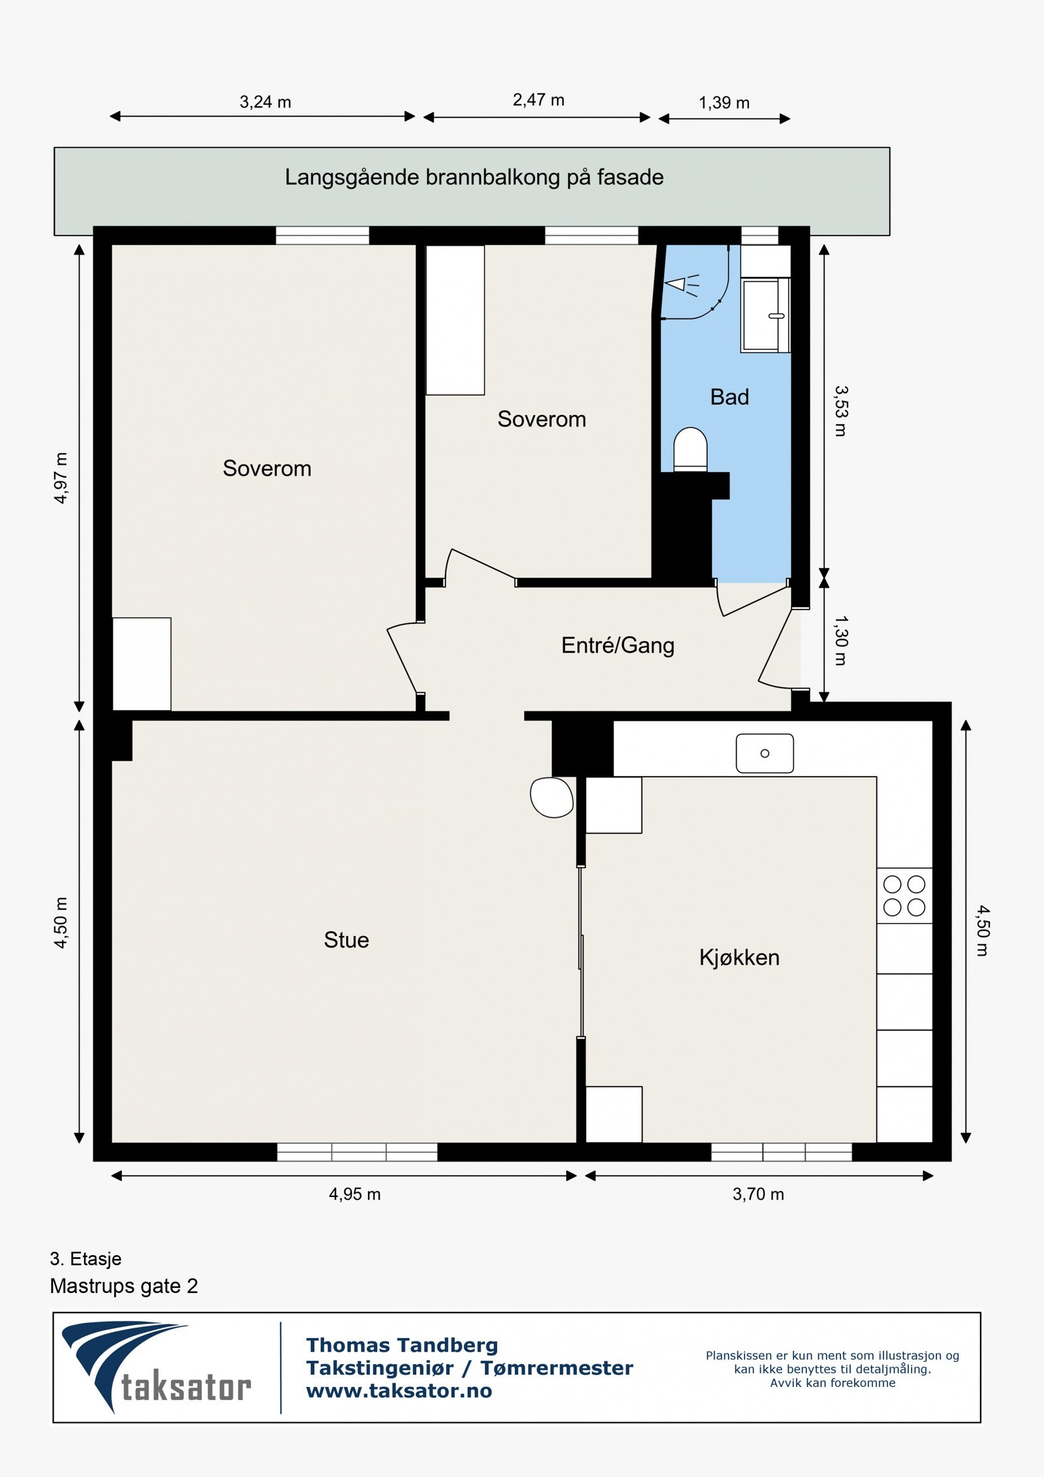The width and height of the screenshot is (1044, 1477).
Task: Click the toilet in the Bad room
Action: click(x=690, y=449)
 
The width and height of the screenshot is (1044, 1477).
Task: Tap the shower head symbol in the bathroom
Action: click(x=681, y=285)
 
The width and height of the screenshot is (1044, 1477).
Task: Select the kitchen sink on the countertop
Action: click(x=765, y=753)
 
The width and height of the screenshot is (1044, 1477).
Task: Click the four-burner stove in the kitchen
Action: click(x=904, y=895)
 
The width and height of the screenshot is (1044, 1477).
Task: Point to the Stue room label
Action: click(x=346, y=940)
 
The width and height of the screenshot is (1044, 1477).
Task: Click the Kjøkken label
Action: click(x=739, y=957)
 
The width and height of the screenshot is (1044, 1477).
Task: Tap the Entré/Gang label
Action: click(x=618, y=645)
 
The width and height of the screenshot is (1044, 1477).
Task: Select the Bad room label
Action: click(x=729, y=397)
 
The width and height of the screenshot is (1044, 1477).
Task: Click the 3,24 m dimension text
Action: click(x=265, y=102)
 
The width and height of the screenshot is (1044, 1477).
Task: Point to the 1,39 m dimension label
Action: click(x=724, y=102)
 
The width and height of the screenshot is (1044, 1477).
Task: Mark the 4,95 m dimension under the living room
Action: click(x=354, y=1194)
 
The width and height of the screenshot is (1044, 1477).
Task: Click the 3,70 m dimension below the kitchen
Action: click(x=758, y=1194)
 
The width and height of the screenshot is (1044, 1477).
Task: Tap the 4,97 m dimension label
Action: click(x=61, y=478)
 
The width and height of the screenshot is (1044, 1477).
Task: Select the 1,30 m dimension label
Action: click(x=841, y=640)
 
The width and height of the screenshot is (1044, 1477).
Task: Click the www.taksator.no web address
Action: click(x=399, y=1391)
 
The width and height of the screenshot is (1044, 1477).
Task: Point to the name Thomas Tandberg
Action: click(x=402, y=1345)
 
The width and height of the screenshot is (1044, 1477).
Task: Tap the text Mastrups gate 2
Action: click(x=124, y=1286)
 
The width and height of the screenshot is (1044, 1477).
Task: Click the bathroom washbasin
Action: click(x=765, y=316)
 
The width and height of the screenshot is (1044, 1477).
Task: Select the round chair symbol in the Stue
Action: click(x=552, y=798)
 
